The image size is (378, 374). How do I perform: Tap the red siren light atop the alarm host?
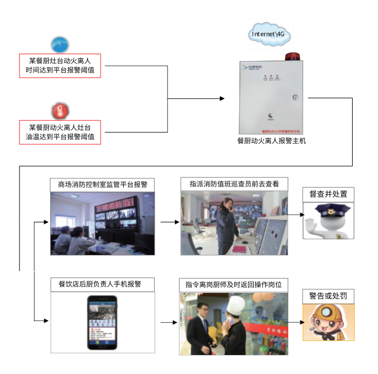[x=292, y=58]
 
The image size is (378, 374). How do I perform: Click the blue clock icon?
[x=60, y=44]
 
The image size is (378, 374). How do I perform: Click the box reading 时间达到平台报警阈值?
[x=60, y=65]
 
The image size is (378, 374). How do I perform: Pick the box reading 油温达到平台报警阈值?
[x=60, y=132]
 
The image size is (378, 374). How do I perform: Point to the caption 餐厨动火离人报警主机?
[x=272, y=140]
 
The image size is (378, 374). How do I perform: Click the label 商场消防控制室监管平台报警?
[x=102, y=185]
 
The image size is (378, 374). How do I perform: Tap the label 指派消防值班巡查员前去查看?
[x=234, y=184]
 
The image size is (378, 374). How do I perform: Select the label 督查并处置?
[x=329, y=194]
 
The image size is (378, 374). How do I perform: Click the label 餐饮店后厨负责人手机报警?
[x=103, y=284]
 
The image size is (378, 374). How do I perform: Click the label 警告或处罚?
[x=328, y=296]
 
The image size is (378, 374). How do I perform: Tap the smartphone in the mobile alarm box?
[x=102, y=322]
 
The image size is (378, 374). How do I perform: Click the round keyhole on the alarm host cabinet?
[x=295, y=97]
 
